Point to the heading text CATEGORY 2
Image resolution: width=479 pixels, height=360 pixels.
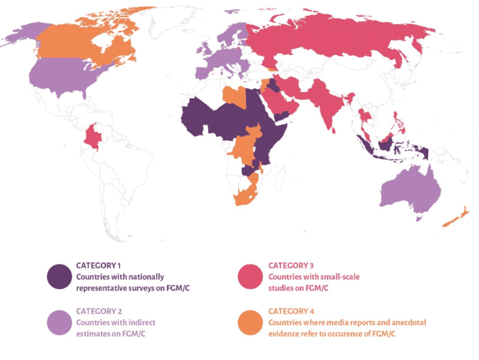98,311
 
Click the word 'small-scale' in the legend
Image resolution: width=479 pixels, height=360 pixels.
342,277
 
